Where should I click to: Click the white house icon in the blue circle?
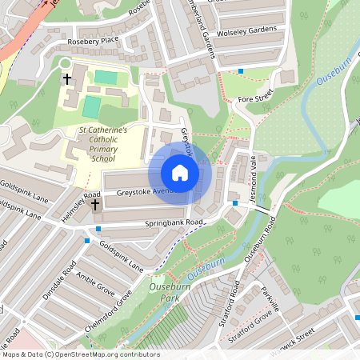click(180, 173)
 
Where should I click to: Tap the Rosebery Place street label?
click(93, 39)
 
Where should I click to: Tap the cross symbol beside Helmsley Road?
click(95, 206)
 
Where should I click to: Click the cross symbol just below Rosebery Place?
click(67, 79)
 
